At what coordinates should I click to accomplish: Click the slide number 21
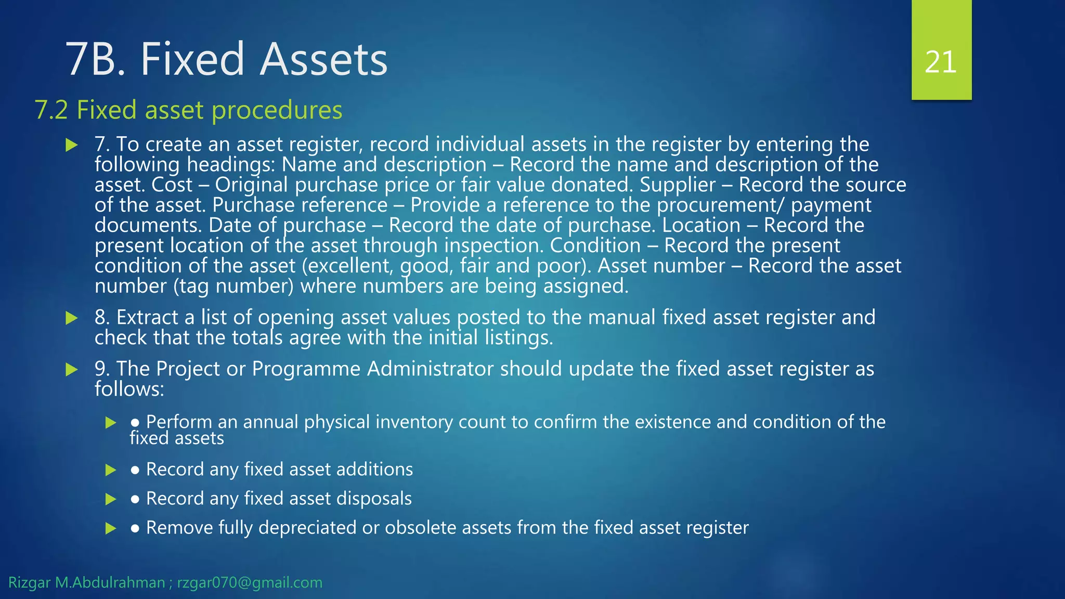[941, 62]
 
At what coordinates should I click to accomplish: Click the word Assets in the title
[323, 59]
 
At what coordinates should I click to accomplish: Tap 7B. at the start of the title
[97, 59]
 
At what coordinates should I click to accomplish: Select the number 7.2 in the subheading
[51, 110]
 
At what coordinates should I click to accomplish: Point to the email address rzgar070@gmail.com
[250, 582]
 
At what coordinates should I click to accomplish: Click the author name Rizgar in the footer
[29, 582]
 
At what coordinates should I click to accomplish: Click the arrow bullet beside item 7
[72, 145]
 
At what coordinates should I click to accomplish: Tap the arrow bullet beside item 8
[72, 318]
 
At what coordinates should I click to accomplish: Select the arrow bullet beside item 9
[72, 370]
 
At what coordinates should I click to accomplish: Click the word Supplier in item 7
[678, 185]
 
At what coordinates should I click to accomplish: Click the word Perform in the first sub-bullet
[178, 422]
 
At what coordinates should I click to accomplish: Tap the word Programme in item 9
[306, 369]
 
